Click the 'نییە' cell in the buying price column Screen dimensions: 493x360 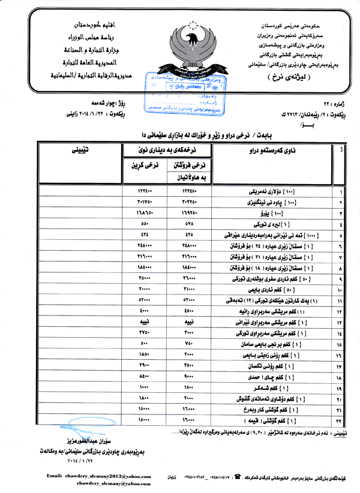click(x=142, y=323)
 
